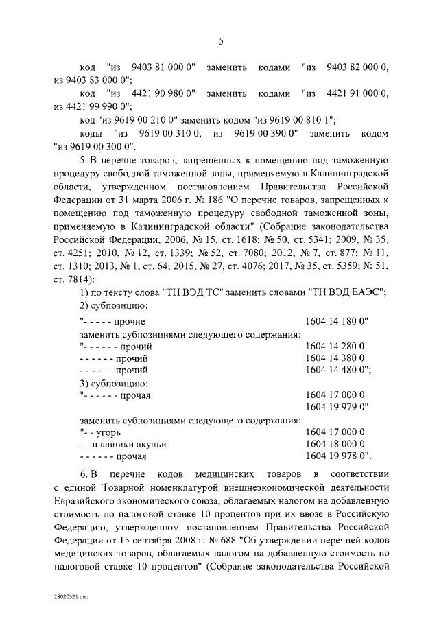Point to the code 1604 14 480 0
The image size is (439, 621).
(x=336, y=371)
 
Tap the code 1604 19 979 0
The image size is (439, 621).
(x=336, y=407)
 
